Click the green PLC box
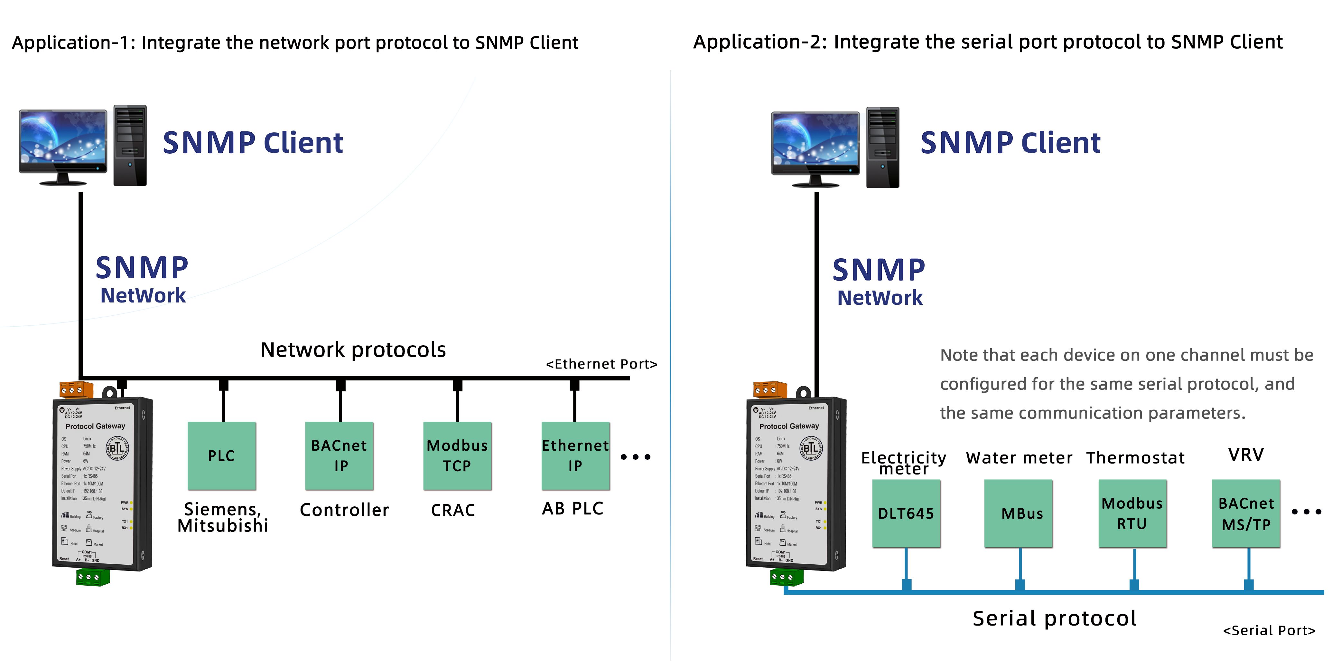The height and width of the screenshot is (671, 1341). click(222, 456)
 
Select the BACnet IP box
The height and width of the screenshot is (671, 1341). click(340, 456)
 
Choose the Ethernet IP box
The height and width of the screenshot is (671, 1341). click(575, 456)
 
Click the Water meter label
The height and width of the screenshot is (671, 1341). click(1019, 458)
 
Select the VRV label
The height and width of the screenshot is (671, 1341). click(1246, 455)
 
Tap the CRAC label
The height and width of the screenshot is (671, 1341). click(453, 510)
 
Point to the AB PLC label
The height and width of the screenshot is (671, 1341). click(573, 508)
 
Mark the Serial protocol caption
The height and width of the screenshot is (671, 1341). click(1055, 618)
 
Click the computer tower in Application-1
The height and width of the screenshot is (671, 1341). click(130, 146)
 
